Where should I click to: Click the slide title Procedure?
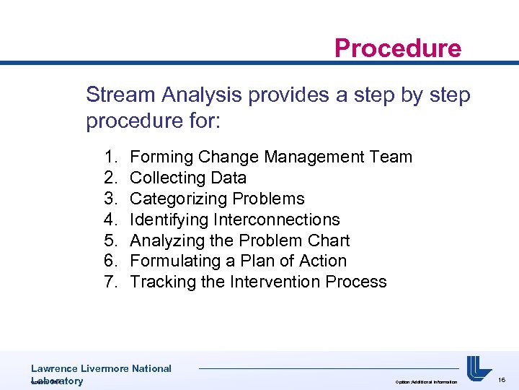click(x=397, y=48)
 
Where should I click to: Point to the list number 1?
click(x=110, y=157)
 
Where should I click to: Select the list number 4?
click(x=110, y=220)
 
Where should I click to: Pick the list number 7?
click(x=110, y=282)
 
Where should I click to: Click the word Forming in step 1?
click(x=161, y=157)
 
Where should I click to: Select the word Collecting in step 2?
click(x=165, y=178)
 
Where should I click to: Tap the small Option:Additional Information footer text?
click(x=425, y=381)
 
